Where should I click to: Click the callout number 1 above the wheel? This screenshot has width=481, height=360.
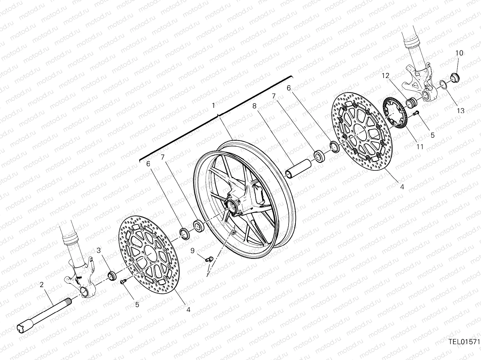pos(213,106)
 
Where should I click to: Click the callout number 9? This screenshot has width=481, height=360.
pos(192,250)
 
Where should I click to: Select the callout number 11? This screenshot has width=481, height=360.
pos(420,147)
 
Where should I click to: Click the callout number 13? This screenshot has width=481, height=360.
pos(461,111)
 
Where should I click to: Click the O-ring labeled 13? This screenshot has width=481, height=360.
pos(443,85)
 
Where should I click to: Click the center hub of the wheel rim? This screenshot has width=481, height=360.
pos(233,206)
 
